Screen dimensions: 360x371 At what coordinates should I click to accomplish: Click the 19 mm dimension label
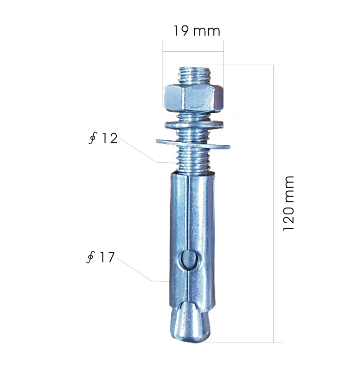[197, 31]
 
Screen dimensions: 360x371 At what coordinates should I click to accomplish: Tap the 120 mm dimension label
[288, 203]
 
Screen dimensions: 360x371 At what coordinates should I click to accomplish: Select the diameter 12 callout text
[103, 138]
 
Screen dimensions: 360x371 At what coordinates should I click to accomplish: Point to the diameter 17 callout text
[101, 257]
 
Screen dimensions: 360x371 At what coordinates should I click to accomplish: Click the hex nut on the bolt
[194, 97]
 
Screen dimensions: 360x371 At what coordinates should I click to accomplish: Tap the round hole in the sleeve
[189, 260]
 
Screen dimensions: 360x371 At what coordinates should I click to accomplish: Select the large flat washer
[193, 144]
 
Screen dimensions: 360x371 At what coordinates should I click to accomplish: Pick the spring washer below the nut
[194, 124]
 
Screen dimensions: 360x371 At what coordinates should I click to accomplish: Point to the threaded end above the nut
[194, 75]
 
